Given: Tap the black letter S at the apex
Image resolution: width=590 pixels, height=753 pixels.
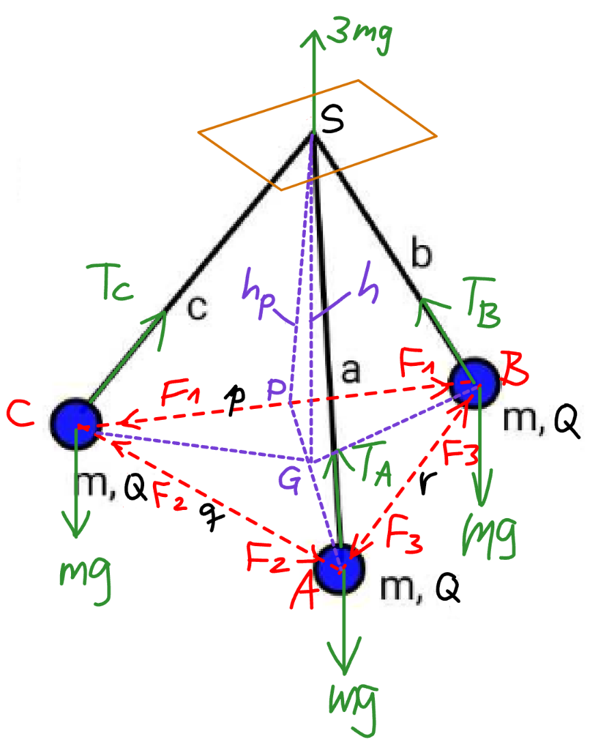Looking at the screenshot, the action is tap(333, 119).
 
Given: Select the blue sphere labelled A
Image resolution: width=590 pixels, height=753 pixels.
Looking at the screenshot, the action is tap(339, 569).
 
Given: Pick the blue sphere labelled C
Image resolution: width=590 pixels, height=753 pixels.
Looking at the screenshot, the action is tap(76, 423).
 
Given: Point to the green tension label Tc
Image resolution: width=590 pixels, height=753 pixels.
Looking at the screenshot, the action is tap(109, 283).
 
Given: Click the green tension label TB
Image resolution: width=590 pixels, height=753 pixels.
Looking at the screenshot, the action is tap(482, 302).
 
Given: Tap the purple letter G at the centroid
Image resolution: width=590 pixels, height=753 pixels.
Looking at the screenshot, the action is tap(290, 480).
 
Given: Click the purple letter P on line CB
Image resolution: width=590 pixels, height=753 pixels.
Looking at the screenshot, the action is tap(277, 390).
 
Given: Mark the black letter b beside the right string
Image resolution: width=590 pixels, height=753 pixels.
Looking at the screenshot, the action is tap(421, 253).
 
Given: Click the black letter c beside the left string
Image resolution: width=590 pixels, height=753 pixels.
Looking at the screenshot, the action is tap(197, 308).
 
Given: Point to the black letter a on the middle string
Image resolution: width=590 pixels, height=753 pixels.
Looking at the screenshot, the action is tap(350, 371).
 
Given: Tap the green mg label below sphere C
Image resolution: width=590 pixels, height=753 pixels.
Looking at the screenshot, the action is tap(85, 580).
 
